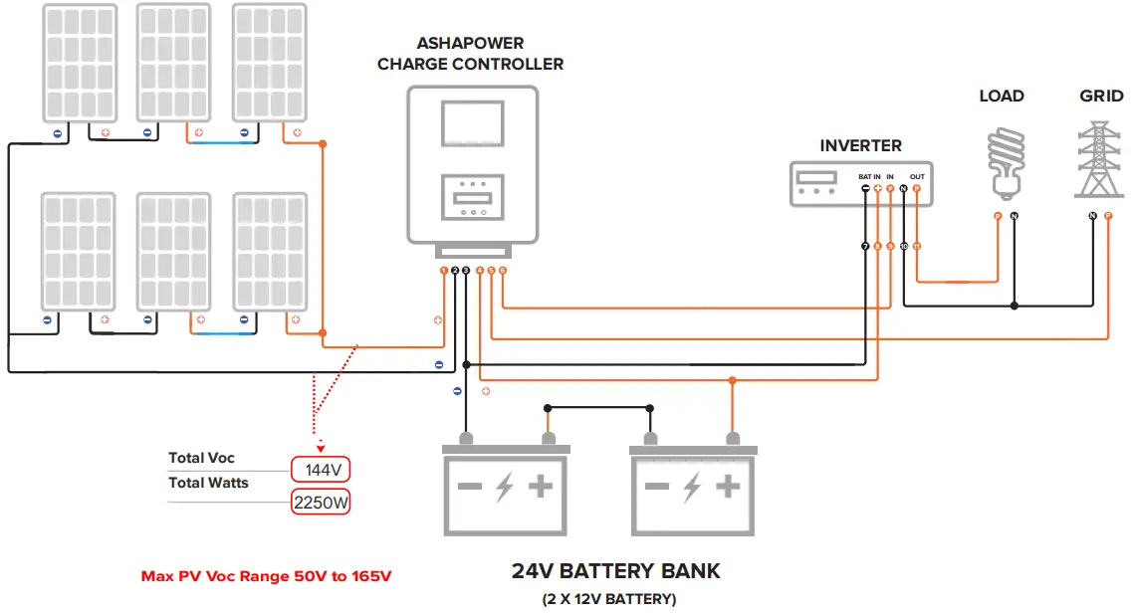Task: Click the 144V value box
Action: (x=321, y=469)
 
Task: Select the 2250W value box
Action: (x=321, y=503)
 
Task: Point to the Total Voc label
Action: (x=201, y=458)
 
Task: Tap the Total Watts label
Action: (x=208, y=483)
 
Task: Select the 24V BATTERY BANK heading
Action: (x=615, y=571)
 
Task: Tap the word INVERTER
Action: (x=860, y=145)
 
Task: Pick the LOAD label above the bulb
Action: (x=1001, y=97)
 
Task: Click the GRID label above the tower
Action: (x=1101, y=97)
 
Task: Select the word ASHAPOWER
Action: (x=470, y=44)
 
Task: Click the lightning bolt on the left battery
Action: (x=504, y=488)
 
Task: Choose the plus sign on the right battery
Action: (x=728, y=487)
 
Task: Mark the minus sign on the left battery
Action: (x=469, y=488)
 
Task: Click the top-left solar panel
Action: (x=79, y=63)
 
